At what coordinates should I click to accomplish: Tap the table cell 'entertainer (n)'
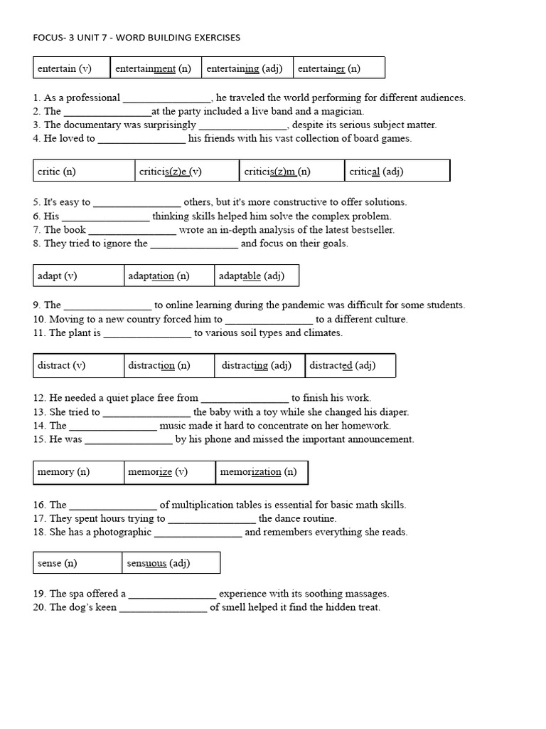338,68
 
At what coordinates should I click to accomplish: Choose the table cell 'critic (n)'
84,172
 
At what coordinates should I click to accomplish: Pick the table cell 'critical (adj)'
397,172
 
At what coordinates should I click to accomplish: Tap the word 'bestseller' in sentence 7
370,230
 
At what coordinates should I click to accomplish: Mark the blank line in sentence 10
269,320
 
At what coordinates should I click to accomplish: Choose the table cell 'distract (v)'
78,366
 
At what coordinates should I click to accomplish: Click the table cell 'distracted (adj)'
350,366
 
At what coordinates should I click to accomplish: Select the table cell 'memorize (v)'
169,472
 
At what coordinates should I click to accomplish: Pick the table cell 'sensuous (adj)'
171,563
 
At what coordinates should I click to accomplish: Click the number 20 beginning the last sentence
39,608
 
